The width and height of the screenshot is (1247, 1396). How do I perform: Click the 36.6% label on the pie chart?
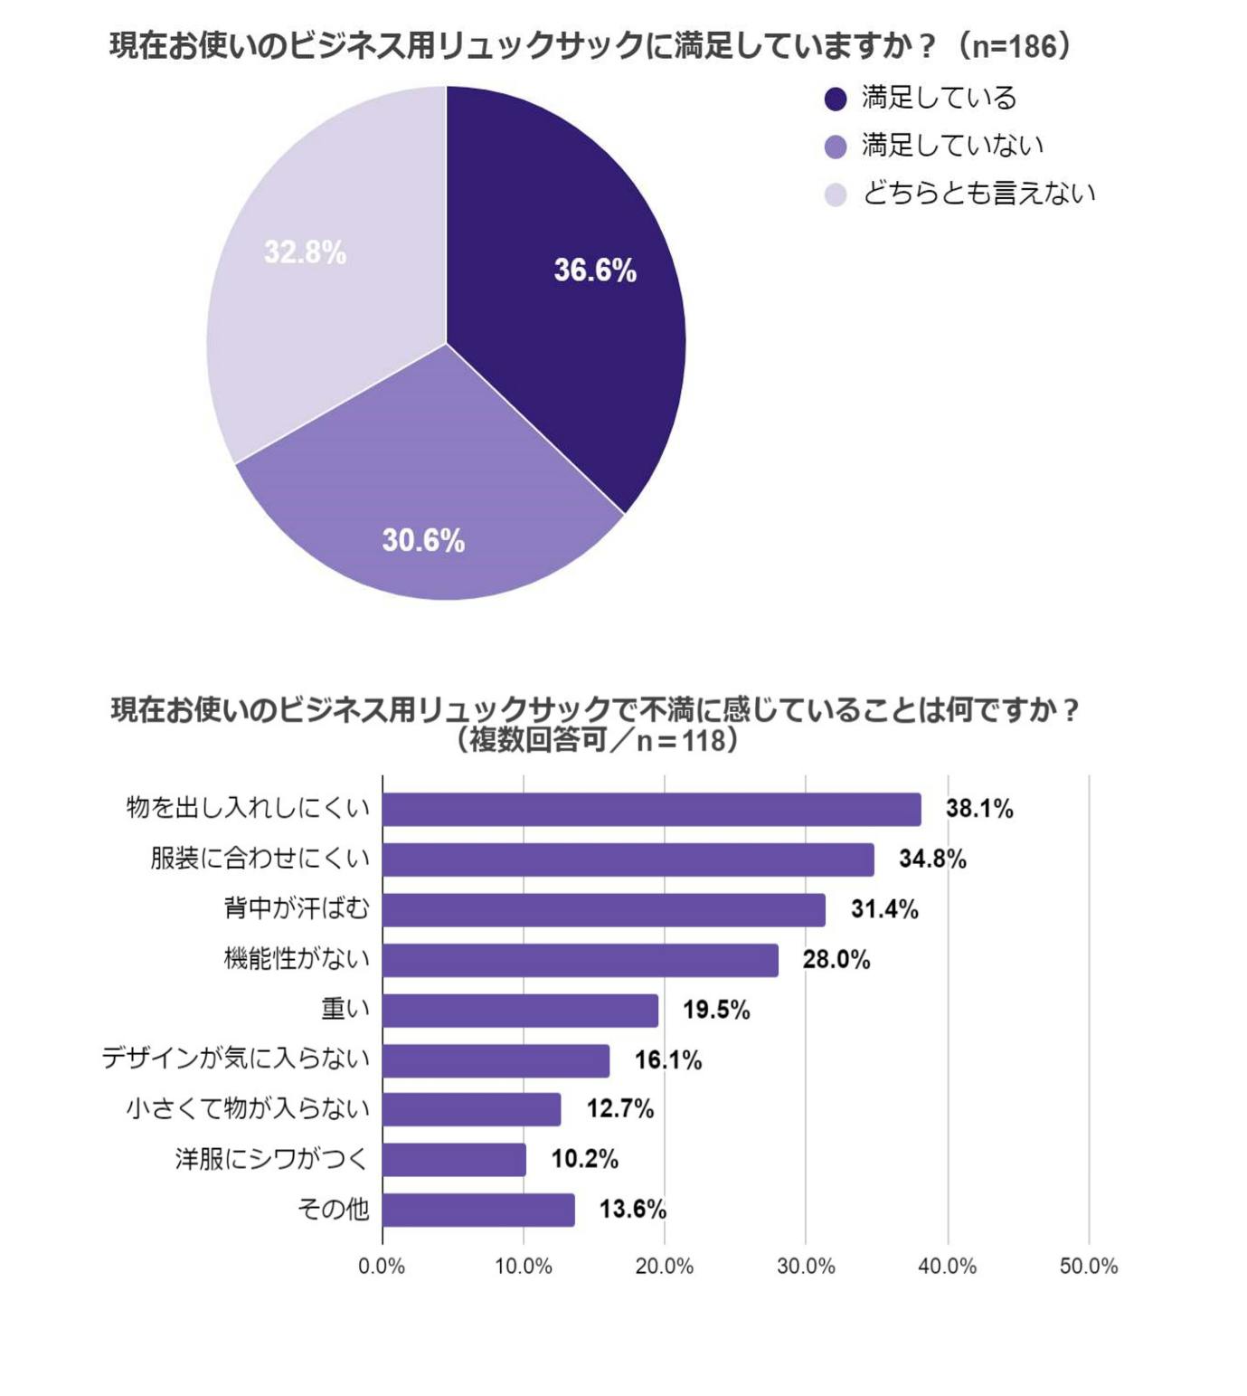point(595,270)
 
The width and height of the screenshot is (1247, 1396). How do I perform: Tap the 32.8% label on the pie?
point(305,252)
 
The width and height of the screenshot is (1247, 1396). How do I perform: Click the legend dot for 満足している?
point(836,99)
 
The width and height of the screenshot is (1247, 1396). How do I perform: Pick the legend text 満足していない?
point(952,145)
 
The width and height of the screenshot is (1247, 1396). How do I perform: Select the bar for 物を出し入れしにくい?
point(651,809)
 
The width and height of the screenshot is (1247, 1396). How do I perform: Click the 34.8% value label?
point(932,859)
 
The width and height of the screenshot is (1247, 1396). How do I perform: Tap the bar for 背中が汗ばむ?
point(603,909)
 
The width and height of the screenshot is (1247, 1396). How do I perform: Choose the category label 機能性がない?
point(297,958)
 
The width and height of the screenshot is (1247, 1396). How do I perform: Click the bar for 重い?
point(520,1010)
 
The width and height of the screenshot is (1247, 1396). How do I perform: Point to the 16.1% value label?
point(668,1059)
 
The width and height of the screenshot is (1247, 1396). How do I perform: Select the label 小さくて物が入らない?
point(248,1108)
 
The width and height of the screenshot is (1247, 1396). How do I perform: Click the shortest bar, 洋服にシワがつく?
point(454,1159)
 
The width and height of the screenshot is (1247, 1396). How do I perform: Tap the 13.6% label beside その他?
point(633,1209)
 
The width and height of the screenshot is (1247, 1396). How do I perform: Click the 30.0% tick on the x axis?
point(806,1266)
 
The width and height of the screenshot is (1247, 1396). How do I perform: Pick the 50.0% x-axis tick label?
point(1088,1266)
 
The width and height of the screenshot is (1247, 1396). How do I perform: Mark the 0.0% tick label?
point(382,1266)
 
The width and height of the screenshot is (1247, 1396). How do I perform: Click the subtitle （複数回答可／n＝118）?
point(597,740)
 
